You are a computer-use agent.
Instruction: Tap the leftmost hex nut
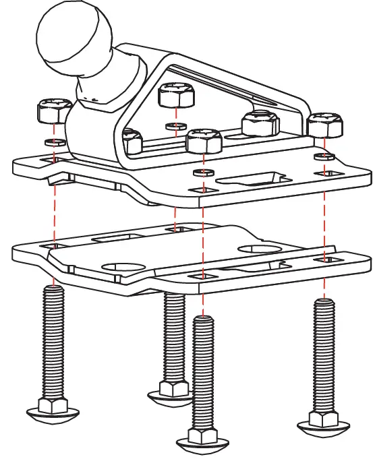[53, 111]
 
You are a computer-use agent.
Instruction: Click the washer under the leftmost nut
[53, 143]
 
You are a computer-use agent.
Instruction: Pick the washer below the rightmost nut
[324, 157]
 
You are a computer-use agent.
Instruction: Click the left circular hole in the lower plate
[118, 266]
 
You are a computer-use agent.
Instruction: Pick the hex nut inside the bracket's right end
[261, 123]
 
